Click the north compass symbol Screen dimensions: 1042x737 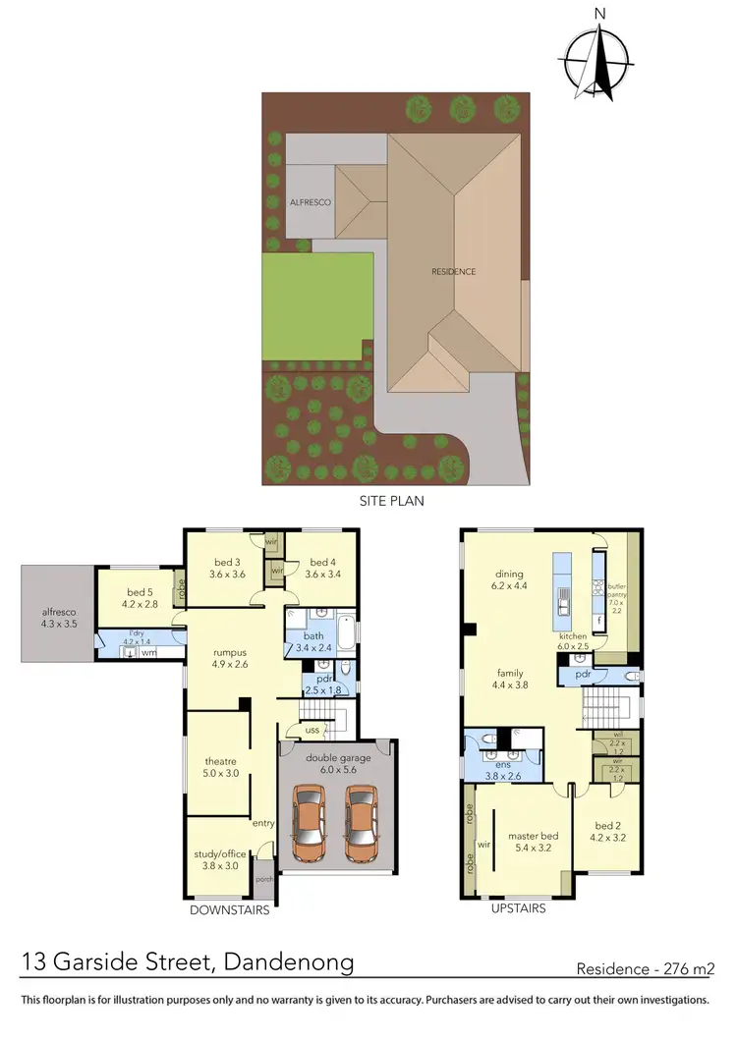[598, 59]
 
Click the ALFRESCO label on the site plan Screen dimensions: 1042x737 [310, 201]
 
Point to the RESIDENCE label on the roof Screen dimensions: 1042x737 [454, 271]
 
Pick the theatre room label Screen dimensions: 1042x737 [219, 767]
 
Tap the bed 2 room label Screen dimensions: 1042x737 [609, 832]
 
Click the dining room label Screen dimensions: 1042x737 [510, 579]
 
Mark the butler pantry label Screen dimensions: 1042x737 [617, 594]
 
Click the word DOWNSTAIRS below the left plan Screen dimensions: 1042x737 [229, 909]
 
